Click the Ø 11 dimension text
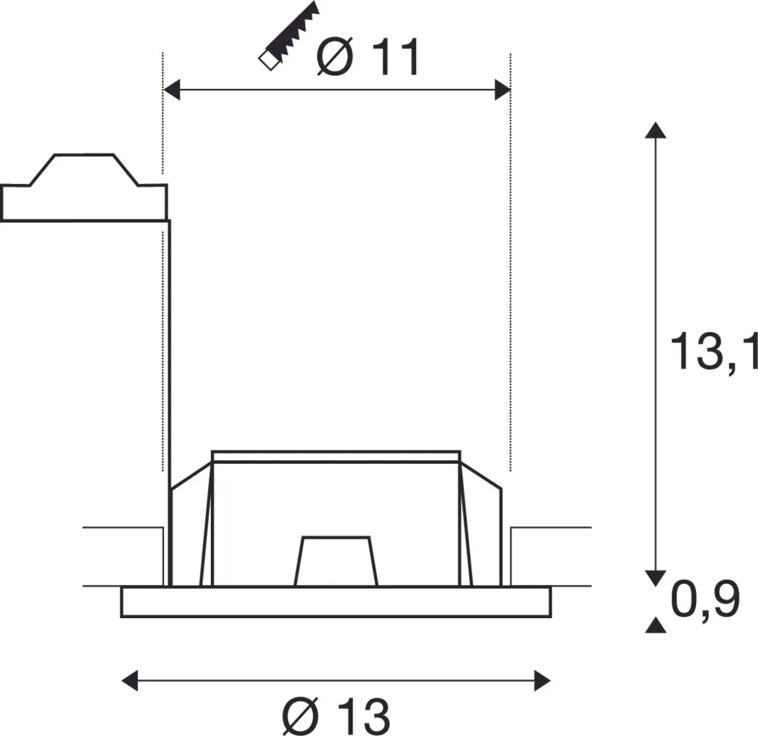point(367,57)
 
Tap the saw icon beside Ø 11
point(289,36)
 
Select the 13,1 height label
point(714,351)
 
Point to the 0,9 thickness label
point(705,599)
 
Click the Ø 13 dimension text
point(335,716)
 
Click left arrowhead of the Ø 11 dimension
point(172,90)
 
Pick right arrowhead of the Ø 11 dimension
point(502,90)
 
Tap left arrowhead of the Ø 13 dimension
point(130,681)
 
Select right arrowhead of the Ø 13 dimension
point(542,681)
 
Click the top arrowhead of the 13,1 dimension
point(656,130)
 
